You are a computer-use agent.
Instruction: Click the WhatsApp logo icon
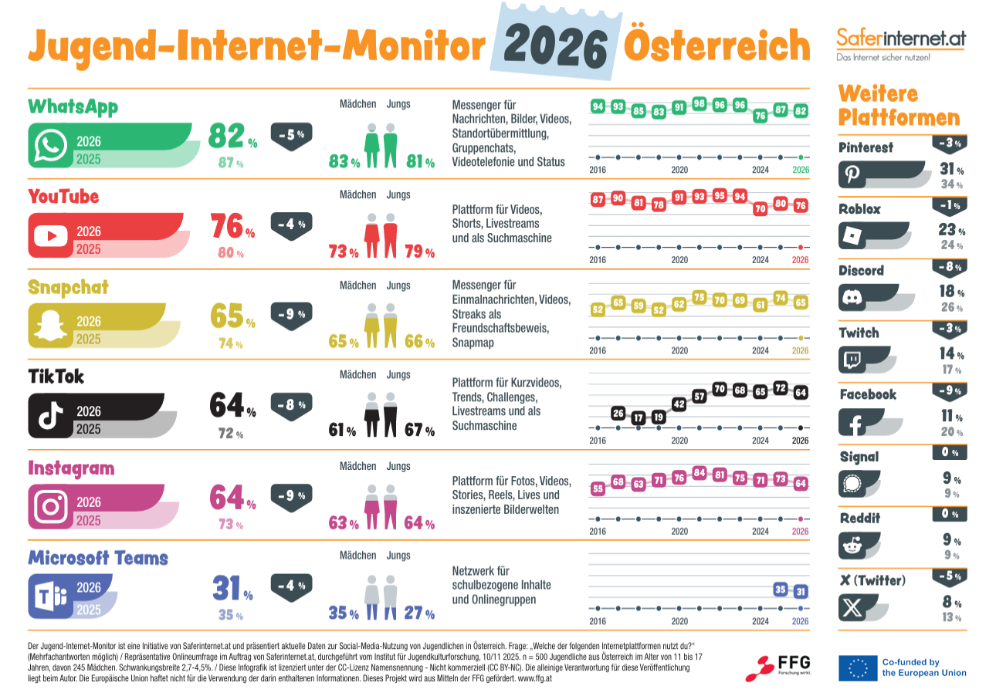pyautogui.click(x=51, y=145)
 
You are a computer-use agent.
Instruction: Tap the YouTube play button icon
pyautogui.click(x=51, y=235)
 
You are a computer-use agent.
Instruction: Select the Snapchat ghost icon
pyautogui.click(x=51, y=325)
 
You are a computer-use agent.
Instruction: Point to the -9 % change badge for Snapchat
pyautogui.click(x=291, y=314)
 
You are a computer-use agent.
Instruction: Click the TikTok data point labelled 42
pyautogui.click(x=679, y=404)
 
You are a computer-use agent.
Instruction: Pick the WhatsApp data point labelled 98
pyautogui.click(x=700, y=103)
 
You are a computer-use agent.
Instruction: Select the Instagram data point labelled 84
pyautogui.click(x=700, y=472)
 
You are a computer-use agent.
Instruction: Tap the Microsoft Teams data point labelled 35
pyautogui.click(x=781, y=590)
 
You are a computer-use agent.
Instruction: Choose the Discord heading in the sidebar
pyautogui.click(x=861, y=271)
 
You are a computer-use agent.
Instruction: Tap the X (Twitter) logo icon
pyautogui.click(x=852, y=608)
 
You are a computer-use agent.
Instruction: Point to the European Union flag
pyautogui.click(x=857, y=668)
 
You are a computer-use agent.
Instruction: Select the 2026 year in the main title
pyautogui.click(x=554, y=48)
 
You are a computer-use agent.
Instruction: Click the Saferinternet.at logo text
pyautogui.click(x=901, y=38)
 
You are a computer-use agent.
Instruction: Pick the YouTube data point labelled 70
pyautogui.click(x=760, y=208)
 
